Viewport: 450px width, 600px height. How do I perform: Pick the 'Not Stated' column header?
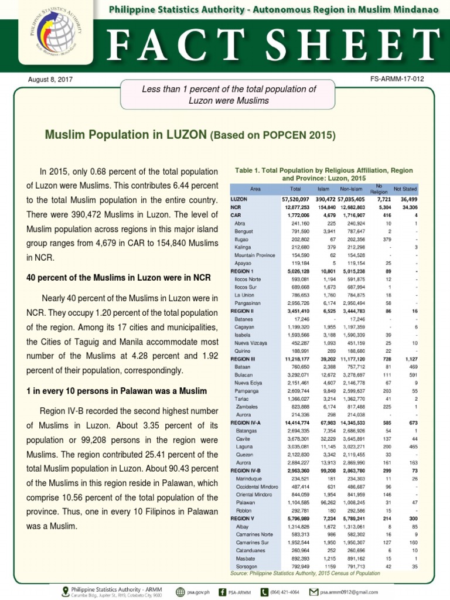click(405, 189)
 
